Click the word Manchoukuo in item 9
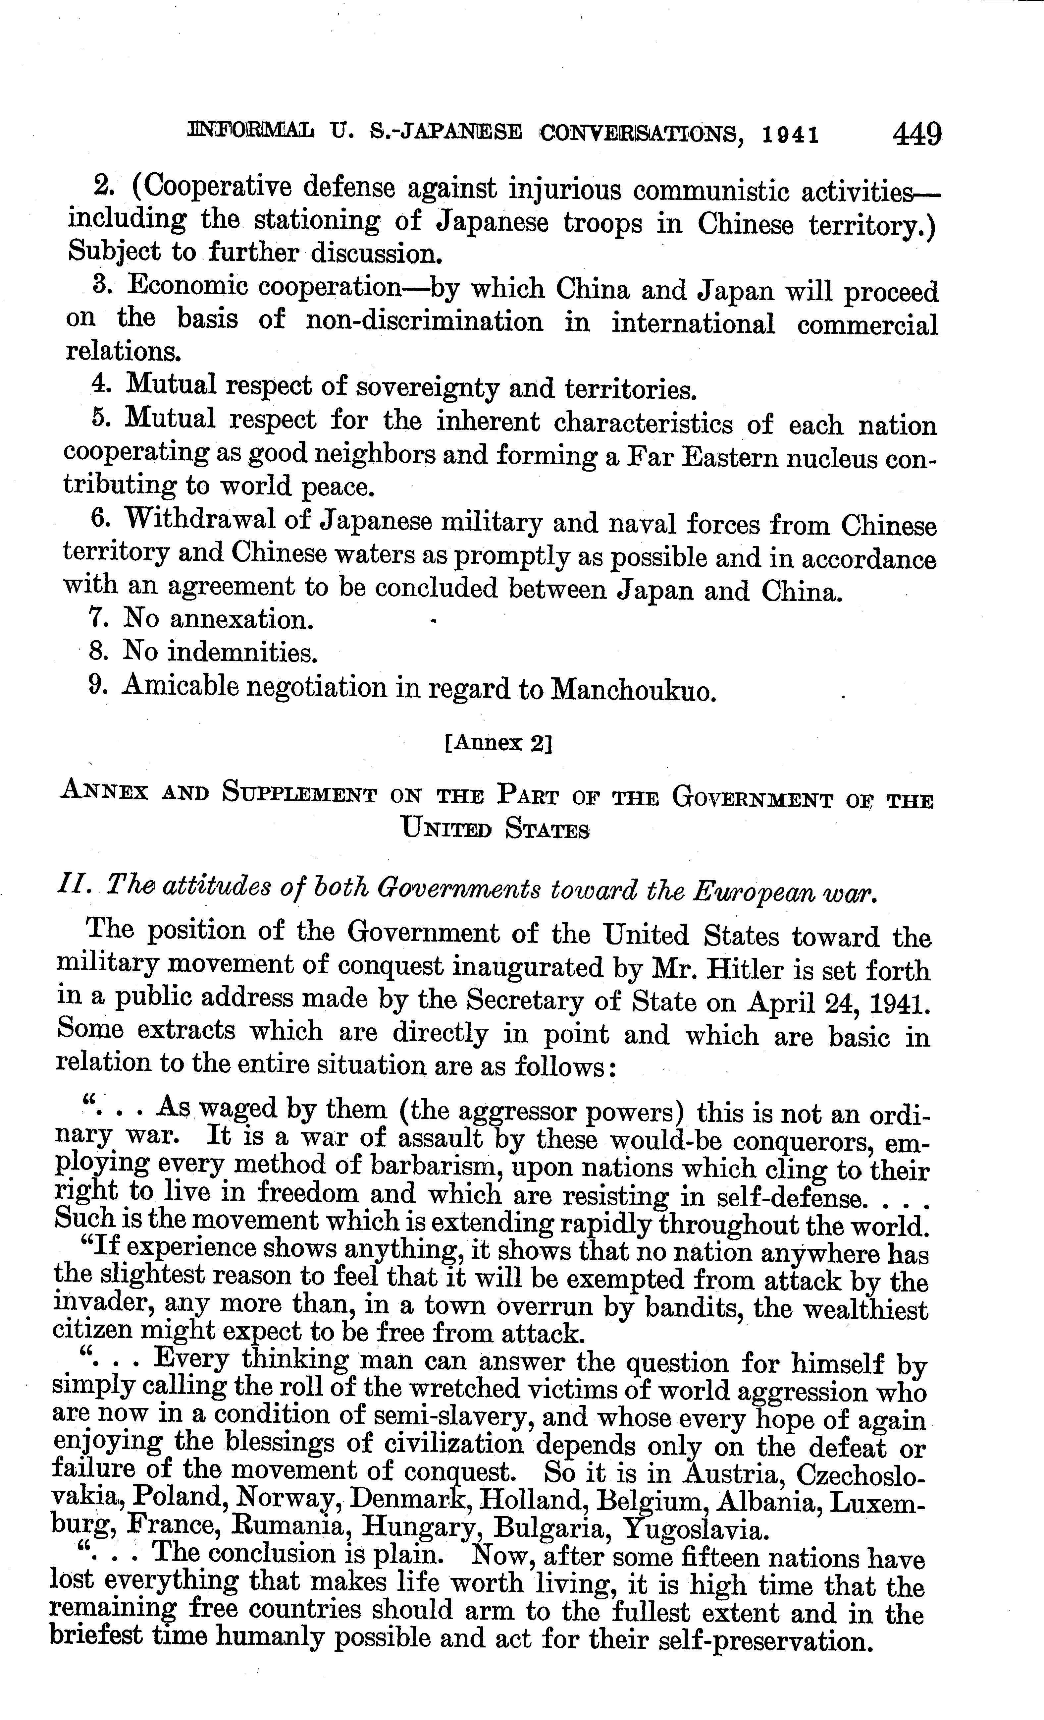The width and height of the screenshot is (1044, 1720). tap(634, 690)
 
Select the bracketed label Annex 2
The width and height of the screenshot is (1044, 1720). tap(497, 743)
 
